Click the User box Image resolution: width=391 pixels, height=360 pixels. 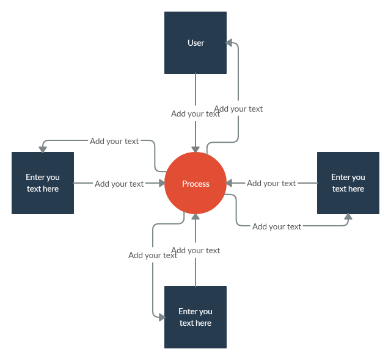tap(195, 43)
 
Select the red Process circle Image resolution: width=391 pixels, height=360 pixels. tap(195, 183)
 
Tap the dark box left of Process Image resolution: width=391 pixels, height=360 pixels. tap(43, 183)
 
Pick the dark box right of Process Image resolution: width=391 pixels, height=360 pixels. tap(348, 183)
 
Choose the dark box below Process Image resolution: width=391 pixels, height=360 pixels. tap(195, 317)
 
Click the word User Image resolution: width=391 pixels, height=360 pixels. tap(195, 43)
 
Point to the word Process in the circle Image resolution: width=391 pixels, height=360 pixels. tap(195, 184)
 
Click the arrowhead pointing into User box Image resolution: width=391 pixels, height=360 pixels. tap(229, 43)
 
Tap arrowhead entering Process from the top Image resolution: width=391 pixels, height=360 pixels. tap(195, 149)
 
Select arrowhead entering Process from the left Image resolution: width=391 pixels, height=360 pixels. tap(162, 183)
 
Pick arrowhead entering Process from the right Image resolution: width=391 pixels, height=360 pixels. tap(229, 183)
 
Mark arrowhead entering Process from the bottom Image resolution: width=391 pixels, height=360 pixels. tap(195, 217)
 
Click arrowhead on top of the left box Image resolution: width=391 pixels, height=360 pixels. tap(43, 149)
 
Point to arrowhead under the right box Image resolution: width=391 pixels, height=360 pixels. tap(348, 217)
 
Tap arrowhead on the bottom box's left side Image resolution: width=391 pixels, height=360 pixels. tap(162, 317)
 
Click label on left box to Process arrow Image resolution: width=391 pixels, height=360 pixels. tap(119, 184)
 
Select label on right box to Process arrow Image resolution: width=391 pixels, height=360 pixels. tap(271, 183)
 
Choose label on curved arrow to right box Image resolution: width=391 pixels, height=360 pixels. tap(277, 226)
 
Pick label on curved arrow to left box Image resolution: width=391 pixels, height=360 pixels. tap(114, 141)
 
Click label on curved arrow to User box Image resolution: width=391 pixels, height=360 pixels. tap(238, 109)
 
